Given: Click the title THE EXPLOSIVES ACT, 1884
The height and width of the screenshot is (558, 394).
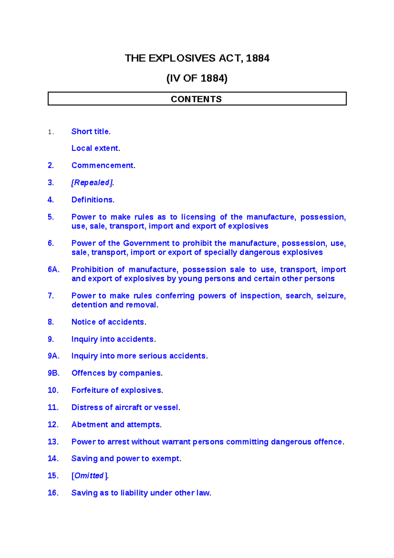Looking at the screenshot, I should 197,58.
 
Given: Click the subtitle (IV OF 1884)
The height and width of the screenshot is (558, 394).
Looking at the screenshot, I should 197,79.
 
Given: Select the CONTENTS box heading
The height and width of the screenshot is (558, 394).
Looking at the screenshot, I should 196,99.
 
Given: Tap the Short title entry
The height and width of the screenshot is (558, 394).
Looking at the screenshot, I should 91,131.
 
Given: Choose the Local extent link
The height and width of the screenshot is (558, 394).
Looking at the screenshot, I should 96,148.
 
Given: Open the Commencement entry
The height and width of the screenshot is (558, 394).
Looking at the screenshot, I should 103,165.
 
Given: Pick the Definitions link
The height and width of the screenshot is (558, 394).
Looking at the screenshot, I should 93,200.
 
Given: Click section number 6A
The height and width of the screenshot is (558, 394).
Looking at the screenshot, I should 54,269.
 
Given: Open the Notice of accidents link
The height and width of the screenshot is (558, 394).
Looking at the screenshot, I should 109,322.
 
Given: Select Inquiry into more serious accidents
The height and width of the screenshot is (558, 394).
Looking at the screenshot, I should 139,356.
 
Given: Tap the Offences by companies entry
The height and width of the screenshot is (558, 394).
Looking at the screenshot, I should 117,373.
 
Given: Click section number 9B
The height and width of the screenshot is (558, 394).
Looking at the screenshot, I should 54,373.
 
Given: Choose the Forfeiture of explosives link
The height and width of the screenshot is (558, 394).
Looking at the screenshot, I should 117,390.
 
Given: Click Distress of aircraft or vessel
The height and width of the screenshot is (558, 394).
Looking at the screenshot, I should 126,407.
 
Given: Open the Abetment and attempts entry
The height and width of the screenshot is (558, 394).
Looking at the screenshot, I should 117,425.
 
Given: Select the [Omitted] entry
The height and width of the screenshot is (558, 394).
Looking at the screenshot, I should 90,476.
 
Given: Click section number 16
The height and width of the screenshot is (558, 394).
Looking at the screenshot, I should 53,493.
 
